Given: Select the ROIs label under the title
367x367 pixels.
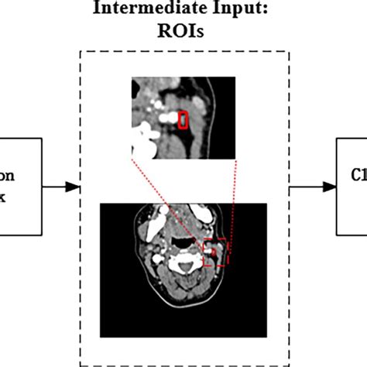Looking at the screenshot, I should tap(184, 35).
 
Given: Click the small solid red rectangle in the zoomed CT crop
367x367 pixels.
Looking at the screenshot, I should tap(183, 120).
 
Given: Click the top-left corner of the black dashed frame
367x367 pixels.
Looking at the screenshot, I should tap(81, 52).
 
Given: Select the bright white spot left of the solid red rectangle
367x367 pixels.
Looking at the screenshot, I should tap(165, 118).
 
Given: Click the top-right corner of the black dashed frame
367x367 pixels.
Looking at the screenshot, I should tap(290, 52).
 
